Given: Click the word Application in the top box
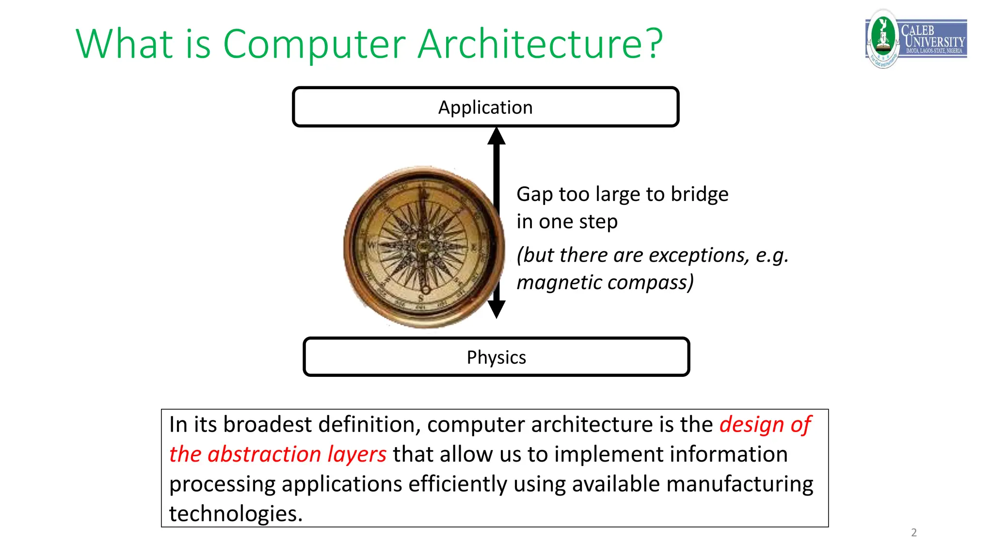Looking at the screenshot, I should tap(485, 108).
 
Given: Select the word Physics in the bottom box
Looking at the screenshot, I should tap(496, 357).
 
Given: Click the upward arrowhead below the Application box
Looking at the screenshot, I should tap(496, 137).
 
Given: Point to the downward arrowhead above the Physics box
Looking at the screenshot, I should tap(496, 309).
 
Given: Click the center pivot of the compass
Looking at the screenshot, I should tap(423, 246).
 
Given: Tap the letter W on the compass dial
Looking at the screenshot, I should tap(371, 245).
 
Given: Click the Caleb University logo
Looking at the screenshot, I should tap(915, 39).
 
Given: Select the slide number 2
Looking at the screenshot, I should tap(914, 532).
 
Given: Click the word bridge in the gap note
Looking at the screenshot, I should tap(700, 194).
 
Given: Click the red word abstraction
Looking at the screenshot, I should tap(264, 454).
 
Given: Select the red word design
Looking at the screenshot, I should tap(752, 425).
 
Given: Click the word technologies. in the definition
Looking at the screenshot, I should tap(236, 514).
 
